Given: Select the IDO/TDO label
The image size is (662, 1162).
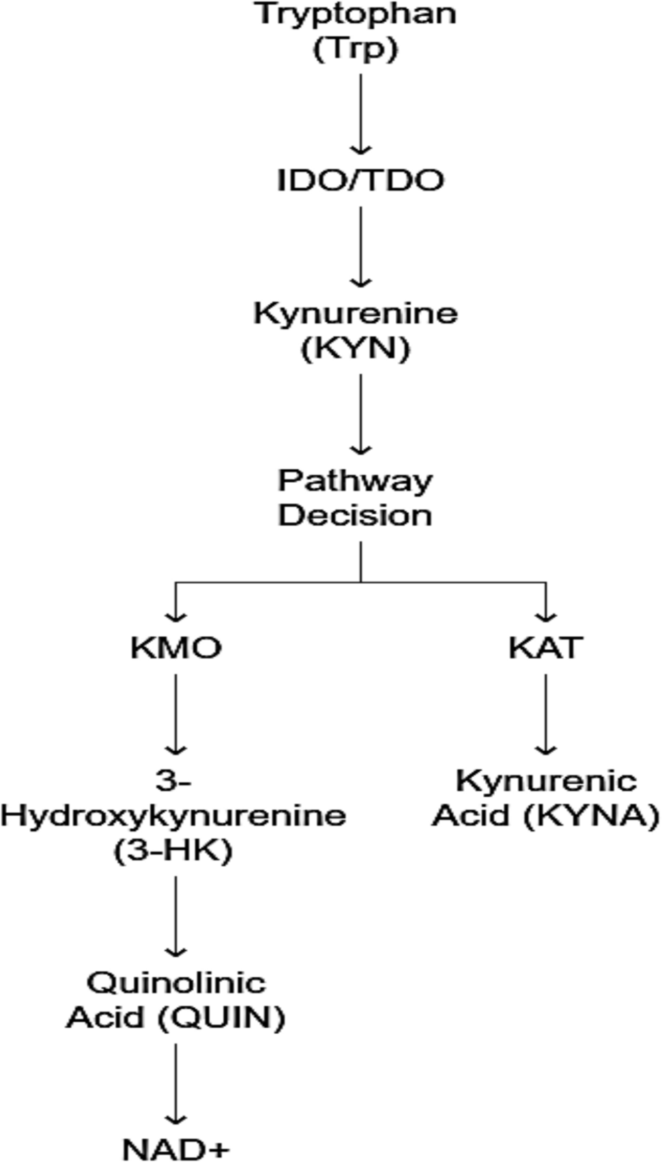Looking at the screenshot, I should point(360,181).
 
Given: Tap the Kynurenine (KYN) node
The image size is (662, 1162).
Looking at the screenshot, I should point(356,331).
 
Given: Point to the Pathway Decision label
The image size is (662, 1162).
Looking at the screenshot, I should point(356,498).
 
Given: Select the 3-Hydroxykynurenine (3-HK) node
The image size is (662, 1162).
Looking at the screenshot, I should point(174,816).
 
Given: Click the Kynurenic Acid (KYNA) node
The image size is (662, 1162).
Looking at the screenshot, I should point(545,799).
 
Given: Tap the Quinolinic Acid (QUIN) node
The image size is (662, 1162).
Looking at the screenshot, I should point(175,1000).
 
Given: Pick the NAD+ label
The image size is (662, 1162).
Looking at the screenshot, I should point(176,1150).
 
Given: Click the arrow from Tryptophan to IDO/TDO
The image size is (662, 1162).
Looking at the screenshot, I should point(360,113).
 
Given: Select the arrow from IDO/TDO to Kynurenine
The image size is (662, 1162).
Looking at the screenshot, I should point(360,246).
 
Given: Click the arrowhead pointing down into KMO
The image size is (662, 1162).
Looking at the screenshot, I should point(176,615).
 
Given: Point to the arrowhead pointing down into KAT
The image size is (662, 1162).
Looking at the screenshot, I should point(545,615).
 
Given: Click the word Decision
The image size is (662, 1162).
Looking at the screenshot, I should point(356,515).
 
